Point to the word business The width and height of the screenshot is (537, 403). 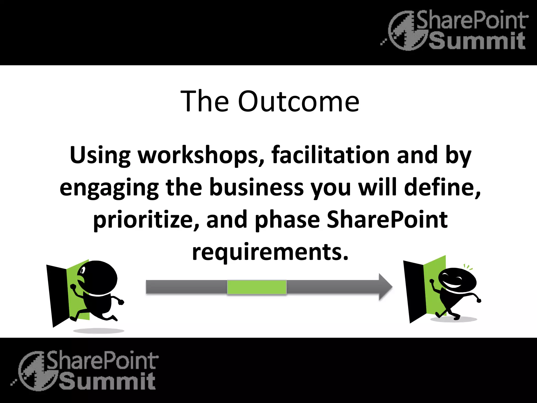coord(256,187)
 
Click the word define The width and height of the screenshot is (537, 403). coord(441,187)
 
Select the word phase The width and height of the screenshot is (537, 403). coord(287,220)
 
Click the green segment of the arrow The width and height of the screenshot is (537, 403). coord(257,287)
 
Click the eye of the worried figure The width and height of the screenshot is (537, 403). coord(83,270)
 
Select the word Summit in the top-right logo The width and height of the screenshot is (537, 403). coord(477,41)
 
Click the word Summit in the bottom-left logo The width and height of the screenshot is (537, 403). coord(107,381)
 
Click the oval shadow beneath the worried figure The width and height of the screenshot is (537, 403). coord(98,331)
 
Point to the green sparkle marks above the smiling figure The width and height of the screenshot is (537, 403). coord(468,267)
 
